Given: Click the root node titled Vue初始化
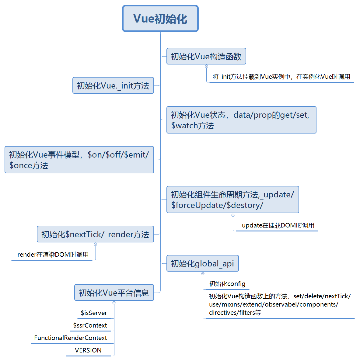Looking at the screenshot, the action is point(160,19).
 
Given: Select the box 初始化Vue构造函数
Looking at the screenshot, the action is point(206,56).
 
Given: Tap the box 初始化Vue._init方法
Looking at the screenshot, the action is point(113,85).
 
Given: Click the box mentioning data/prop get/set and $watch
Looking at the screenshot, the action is point(241,120).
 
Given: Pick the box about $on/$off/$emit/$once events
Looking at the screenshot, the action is point(79,160).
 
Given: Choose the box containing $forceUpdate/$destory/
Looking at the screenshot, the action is point(232,200).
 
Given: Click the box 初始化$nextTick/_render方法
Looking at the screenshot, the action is point(95,234).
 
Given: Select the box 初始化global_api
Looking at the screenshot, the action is point(202,263).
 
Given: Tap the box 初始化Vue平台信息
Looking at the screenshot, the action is point(114,293).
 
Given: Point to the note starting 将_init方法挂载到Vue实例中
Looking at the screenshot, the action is point(281,77).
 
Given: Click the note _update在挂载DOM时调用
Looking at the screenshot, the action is point(277,225).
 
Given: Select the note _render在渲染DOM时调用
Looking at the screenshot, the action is point(52,255).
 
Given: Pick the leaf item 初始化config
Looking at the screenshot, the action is point(227,284).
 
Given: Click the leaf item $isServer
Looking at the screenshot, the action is point(94,313).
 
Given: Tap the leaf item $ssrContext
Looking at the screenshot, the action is point(90,325).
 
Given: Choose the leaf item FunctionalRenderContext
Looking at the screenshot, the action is point(71,338).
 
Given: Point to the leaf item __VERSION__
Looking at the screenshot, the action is point(88,350).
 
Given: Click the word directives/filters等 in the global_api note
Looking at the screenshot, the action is point(235,313).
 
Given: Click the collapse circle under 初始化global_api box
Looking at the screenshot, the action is point(203,273).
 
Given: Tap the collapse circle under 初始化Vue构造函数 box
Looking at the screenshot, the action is point(207,67).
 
